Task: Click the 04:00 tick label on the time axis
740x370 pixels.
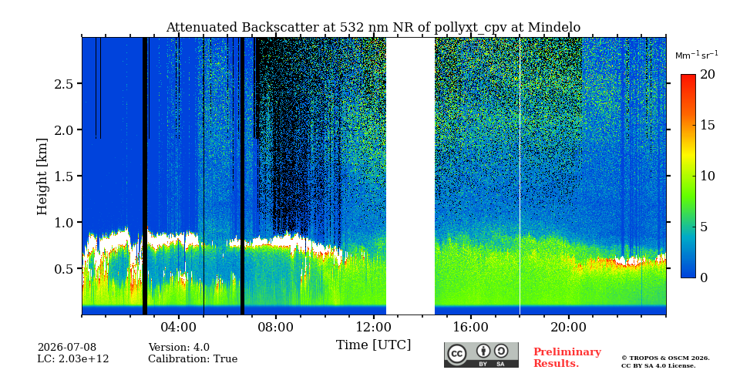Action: [x=178, y=327]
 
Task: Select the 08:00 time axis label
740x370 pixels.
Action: [x=276, y=327]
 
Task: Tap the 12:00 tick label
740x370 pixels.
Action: [x=373, y=327]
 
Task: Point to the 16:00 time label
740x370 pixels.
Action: [x=470, y=327]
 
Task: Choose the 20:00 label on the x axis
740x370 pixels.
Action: [x=568, y=327]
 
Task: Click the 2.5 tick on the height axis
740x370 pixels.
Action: [x=66, y=83]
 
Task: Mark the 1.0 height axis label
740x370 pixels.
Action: [x=66, y=222]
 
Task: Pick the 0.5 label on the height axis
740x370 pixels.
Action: [x=66, y=268]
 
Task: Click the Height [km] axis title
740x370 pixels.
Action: [x=42, y=177]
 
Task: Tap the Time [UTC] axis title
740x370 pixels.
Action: [x=373, y=345]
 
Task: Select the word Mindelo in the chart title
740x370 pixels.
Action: [x=554, y=28]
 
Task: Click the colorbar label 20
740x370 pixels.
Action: [x=707, y=75]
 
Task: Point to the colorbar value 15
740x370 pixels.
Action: [x=707, y=125]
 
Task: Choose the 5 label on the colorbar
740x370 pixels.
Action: [x=703, y=227]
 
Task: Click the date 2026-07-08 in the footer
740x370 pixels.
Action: [x=67, y=348]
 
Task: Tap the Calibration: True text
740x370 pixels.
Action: [x=193, y=359]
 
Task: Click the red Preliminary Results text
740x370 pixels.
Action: [x=567, y=358]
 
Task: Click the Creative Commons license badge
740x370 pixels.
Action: [x=481, y=355]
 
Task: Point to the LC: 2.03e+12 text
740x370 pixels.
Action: [x=73, y=359]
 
